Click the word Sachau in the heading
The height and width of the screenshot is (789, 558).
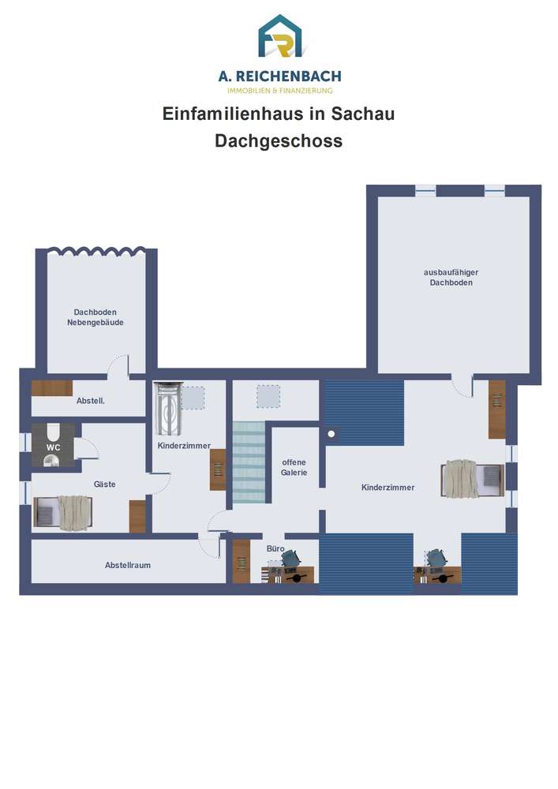tap(362, 114)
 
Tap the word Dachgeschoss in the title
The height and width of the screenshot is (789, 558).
tap(279, 141)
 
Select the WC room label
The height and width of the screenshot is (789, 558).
tap(54, 447)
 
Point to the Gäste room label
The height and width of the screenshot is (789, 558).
tap(105, 484)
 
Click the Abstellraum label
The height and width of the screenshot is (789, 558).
tap(128, 565)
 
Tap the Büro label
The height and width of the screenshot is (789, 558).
tap(275, 548)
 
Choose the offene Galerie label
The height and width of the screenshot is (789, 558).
tap(294, 467)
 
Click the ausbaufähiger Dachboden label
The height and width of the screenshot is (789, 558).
tap(451, 277)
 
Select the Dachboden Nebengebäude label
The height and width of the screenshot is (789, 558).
tap(95, 317)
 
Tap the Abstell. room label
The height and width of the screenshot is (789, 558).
tap(91, 401)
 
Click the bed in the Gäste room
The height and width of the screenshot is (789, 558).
tap(63, 513)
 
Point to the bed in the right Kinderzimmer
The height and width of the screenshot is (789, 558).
tap(472, 479)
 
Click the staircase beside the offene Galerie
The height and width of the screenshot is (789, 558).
tap(249, 462)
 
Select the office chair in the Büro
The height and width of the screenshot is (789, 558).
tap(290, 558)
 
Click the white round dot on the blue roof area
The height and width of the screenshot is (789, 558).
tap(331, 434)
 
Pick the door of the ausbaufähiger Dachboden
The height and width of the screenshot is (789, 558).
tap(462, 387)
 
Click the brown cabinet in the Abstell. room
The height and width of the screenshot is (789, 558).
tap(52, 388)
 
